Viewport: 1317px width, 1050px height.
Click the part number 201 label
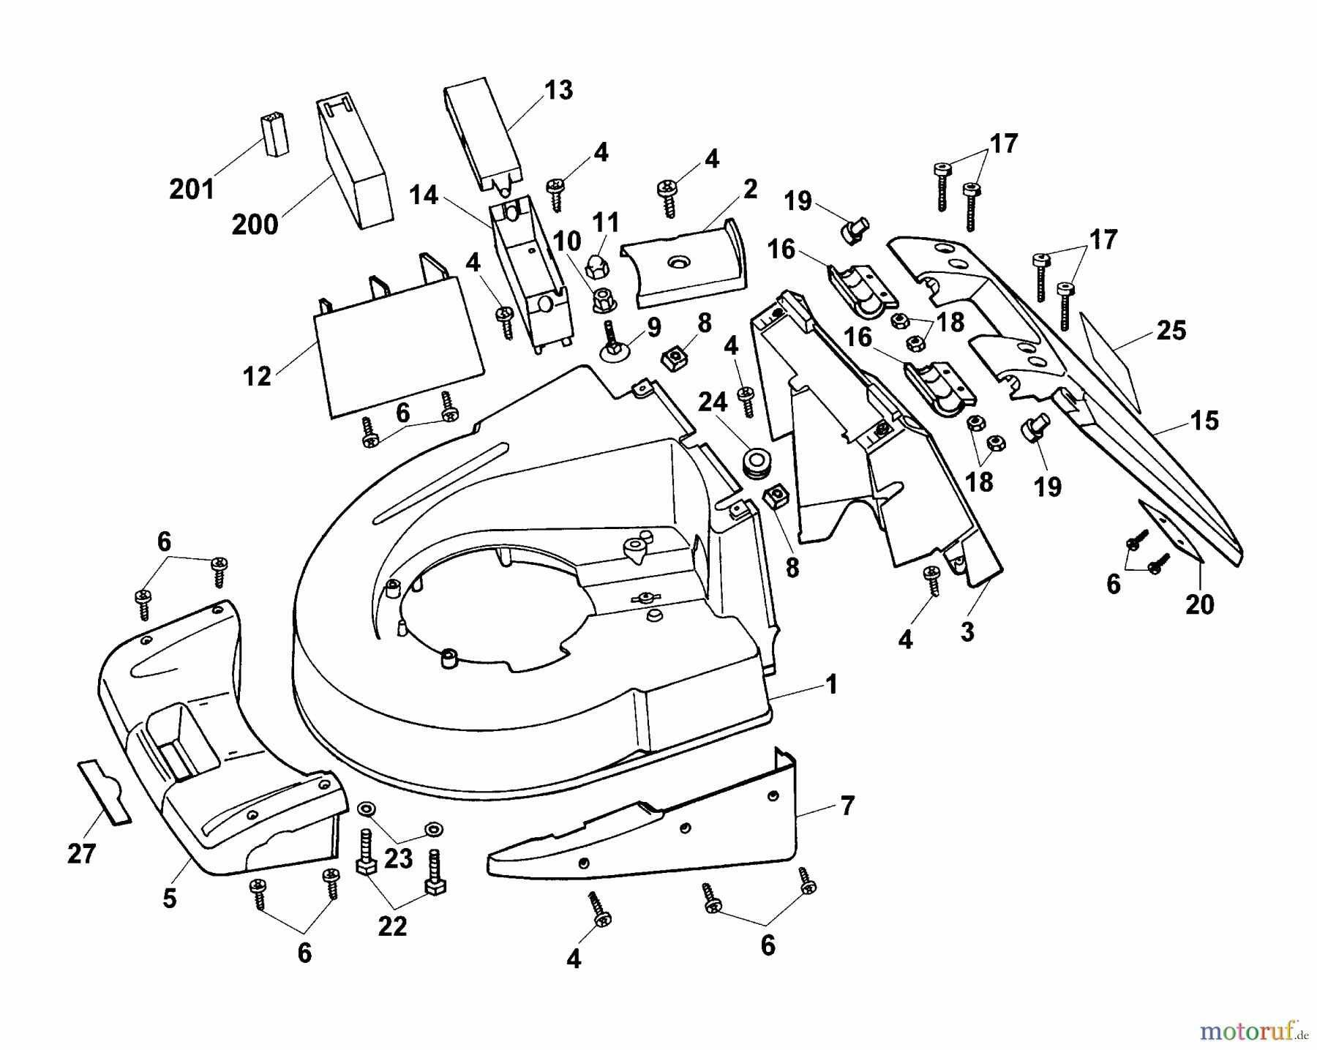point(192,190)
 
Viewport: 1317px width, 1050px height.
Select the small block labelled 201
point(274,134)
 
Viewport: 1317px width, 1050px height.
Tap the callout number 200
point(255,225)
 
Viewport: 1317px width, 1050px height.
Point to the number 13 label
point(558,91)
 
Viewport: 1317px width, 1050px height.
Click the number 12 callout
point(257,377)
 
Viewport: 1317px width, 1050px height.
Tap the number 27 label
point(81,853)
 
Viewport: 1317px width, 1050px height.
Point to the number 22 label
point(392,926)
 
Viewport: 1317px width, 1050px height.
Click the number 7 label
point(847,806)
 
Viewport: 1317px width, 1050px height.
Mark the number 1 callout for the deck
point(830,685)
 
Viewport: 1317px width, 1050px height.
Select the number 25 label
point(1171,331)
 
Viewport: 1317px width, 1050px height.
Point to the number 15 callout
point(1204,421)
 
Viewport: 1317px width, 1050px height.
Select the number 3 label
point(967,631)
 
